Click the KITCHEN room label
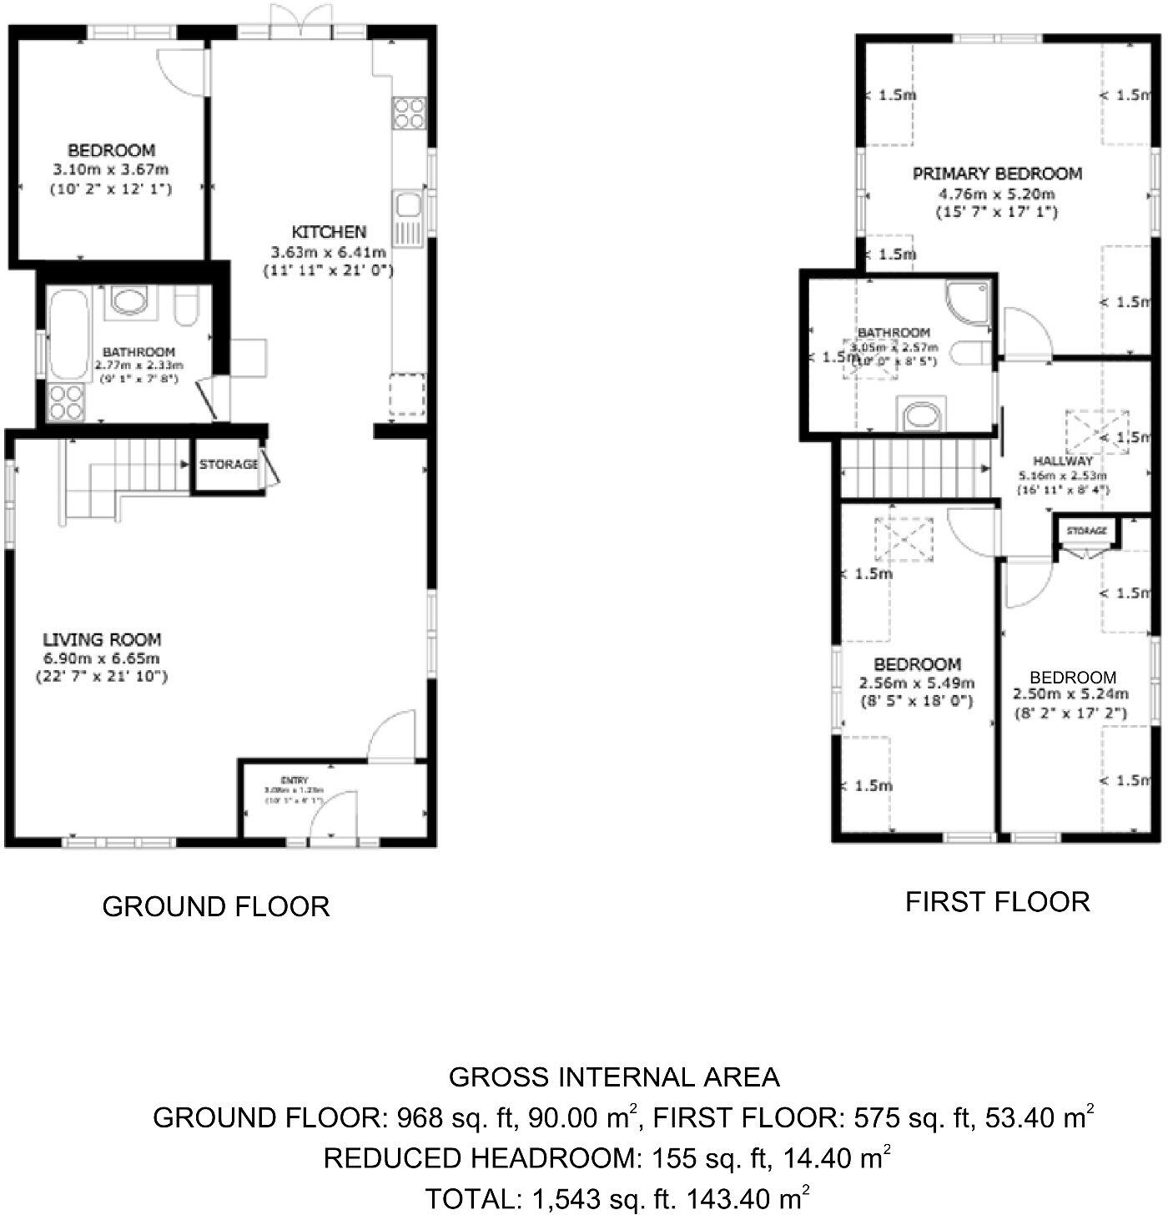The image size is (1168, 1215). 329,231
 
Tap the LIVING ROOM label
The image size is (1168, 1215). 102,639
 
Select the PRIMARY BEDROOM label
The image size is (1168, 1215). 997,174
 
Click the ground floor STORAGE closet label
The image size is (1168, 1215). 228,464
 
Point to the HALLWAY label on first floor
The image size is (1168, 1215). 1062,461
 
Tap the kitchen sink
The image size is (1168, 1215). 409,205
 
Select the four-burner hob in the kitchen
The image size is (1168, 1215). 409,113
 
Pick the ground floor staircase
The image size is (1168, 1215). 125,480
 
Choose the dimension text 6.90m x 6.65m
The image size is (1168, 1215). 102,658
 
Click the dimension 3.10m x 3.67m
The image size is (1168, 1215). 111,169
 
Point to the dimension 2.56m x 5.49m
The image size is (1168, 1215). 917,683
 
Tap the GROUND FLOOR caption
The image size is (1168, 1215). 216,906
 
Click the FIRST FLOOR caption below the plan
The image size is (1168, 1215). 998,902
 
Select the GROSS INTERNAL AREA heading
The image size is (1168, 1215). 614,1077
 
